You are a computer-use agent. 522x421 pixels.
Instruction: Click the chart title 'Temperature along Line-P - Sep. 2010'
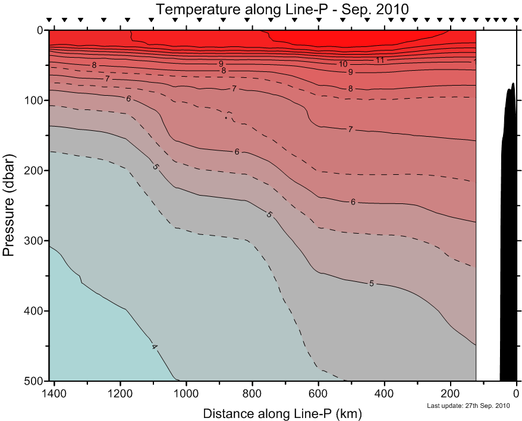click(282, 9)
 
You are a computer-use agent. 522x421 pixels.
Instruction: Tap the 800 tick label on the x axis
click(253, 393)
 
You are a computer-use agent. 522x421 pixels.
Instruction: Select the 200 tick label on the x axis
click(451, 393)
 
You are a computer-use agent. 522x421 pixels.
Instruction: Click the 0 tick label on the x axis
click(516, 393)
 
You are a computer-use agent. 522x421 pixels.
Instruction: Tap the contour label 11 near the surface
click(380, 60)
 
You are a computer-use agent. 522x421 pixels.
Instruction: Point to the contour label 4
click(155, 347)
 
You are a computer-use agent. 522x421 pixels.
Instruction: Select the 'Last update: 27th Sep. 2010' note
click(469, 406)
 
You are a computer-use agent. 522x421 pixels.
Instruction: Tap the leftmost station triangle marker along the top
click(49, 20)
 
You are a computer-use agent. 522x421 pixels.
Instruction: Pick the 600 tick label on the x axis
click(319, 393)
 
